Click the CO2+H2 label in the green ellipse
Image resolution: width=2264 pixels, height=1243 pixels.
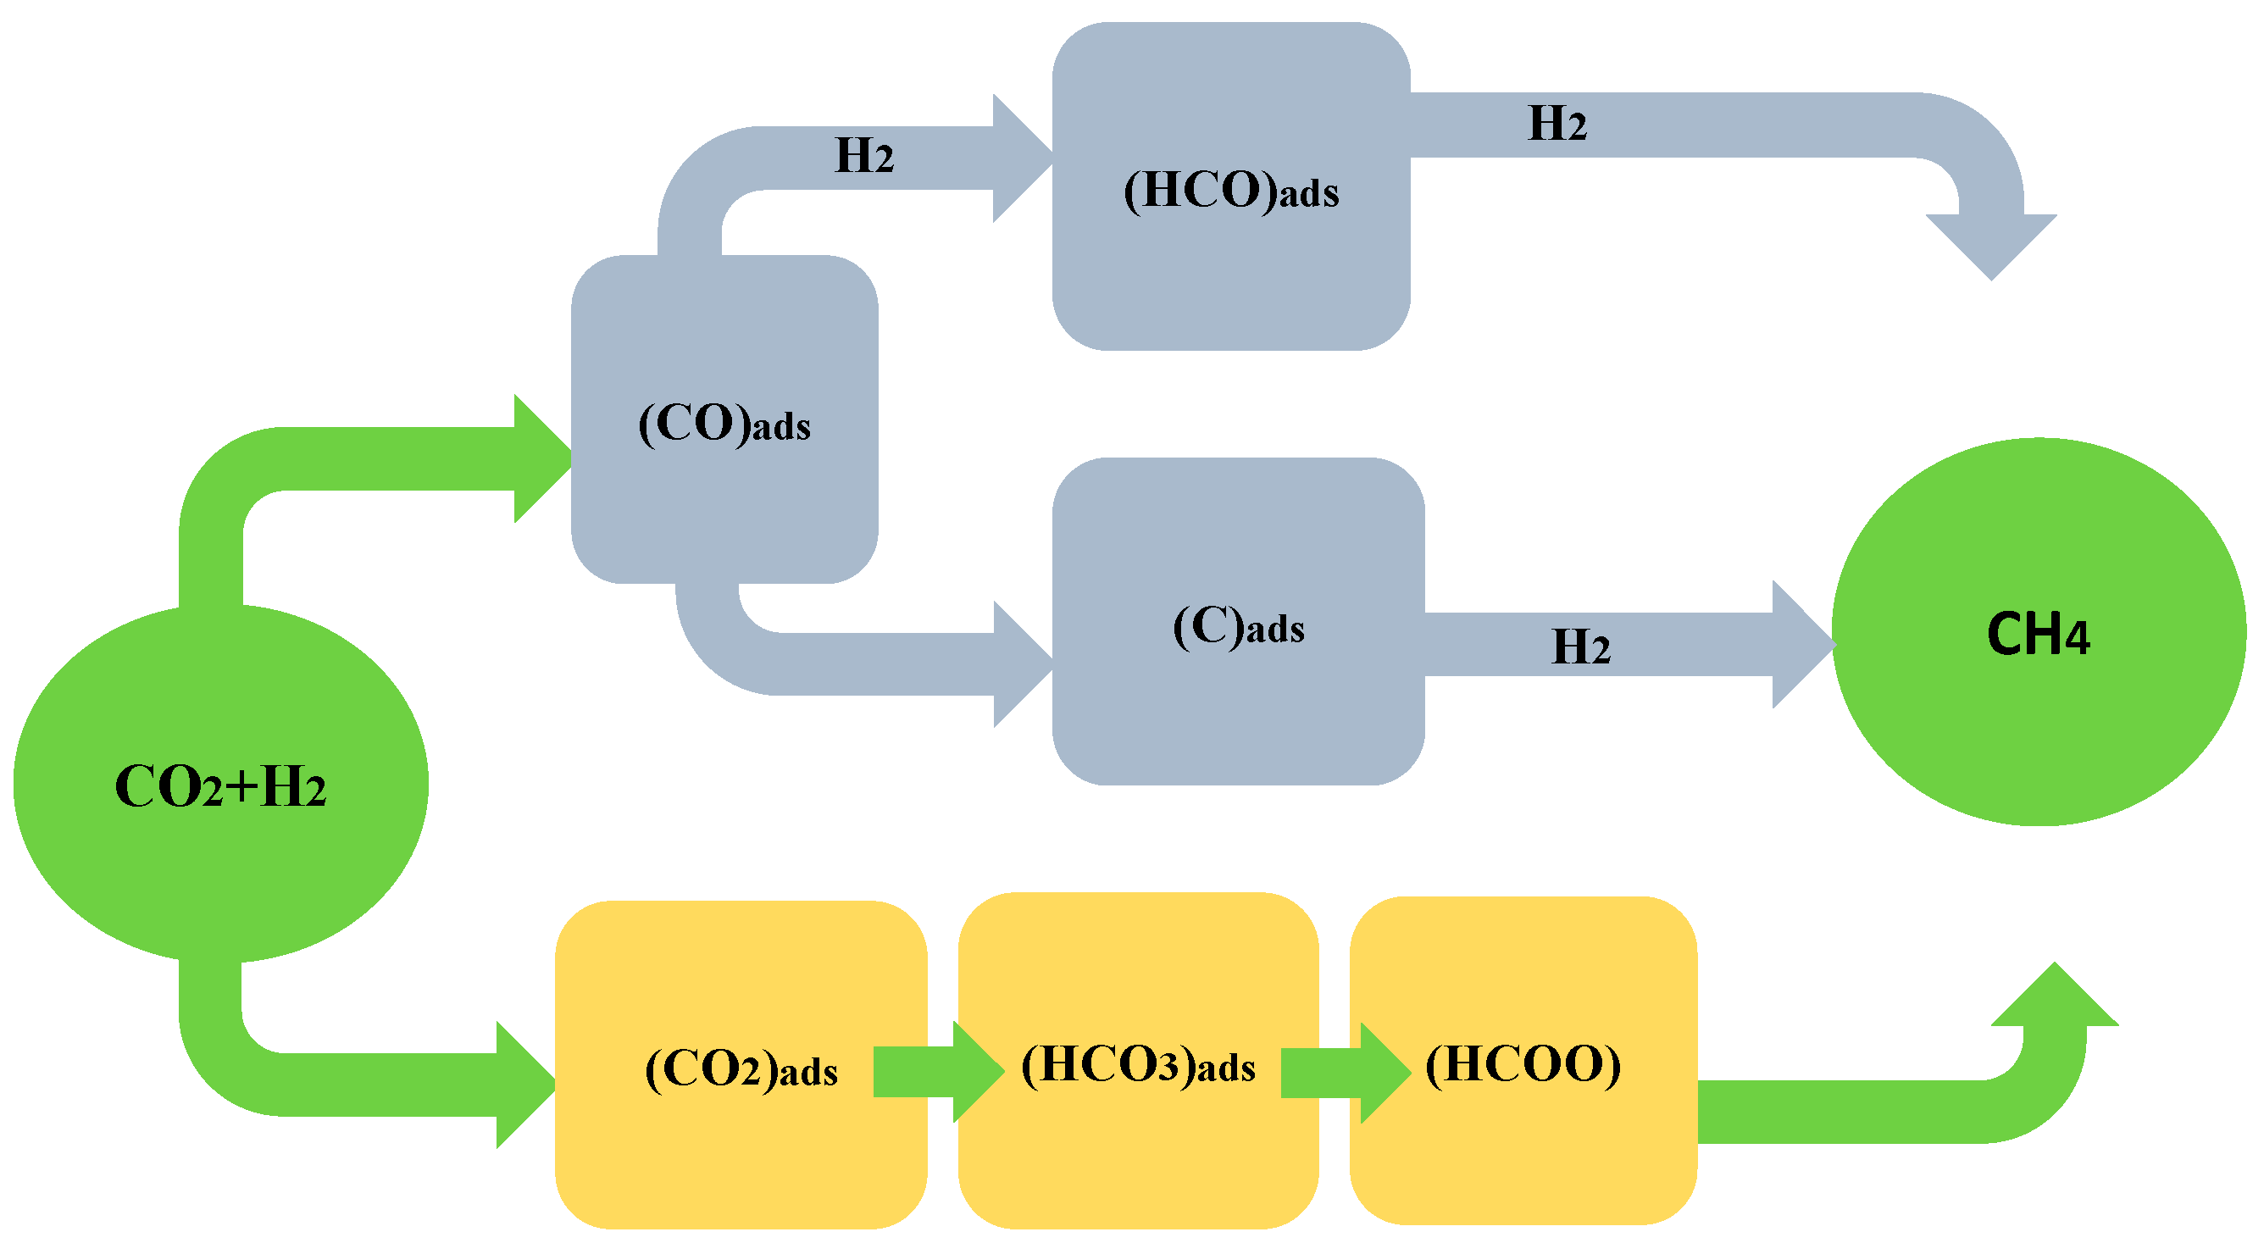[x=219, y=786]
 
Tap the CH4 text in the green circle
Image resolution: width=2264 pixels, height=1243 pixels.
[x=2037, y=635]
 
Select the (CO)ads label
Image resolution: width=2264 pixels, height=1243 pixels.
[x=724, y=425]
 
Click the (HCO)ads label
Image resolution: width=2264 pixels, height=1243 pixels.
[x=1230, y=191]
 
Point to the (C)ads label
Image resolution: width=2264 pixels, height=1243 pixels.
[x=1239, y=628]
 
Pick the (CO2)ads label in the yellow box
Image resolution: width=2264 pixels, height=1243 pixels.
[x=741, y=1070]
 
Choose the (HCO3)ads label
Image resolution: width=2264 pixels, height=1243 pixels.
[x=1137, y=1065]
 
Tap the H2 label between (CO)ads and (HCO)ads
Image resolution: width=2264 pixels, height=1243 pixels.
[x=863, y=157]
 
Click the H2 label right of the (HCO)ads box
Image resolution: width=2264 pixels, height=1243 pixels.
[x=1556, y=124]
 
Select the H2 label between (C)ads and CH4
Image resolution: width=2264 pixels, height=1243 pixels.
[x=1580, y=647]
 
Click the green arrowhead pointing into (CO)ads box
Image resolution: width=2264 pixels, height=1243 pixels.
[x=538, y=459]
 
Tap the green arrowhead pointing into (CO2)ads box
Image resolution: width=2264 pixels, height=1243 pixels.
[x=522, y=1084]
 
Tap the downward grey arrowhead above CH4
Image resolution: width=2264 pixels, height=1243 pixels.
[x=1990, y=242]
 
